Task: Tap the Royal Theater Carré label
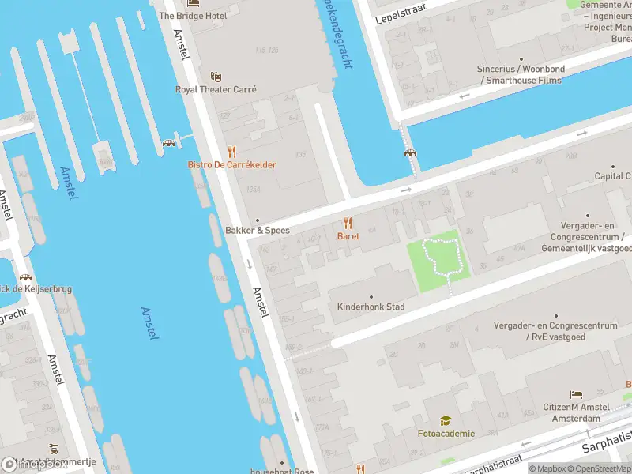pos(216,89)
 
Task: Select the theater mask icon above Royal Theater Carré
pos(216,77)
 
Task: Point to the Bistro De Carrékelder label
pos(231,164)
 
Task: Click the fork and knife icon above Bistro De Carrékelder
pos(231,151)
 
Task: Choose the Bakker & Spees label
pos(258,231)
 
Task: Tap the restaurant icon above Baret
pos(348,224)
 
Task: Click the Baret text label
pos(348,236)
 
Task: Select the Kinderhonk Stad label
pos(371,307)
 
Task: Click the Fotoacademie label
pos(446,433)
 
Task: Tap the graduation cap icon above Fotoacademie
pos(446,420)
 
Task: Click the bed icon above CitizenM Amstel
pos(577,394)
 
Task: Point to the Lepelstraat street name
pos(406,13)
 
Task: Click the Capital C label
pos(612,176)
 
